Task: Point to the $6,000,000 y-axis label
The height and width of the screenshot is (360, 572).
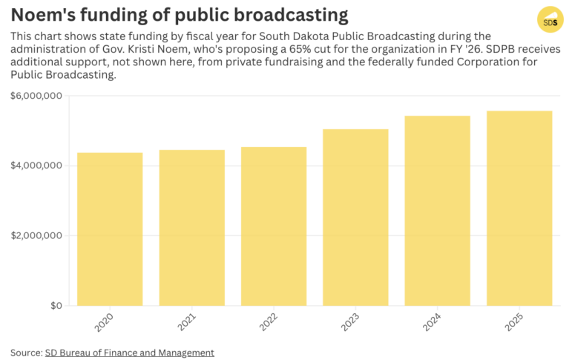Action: [x=36, y=96]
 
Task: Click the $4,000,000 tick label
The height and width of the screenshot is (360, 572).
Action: [x=36, y=166]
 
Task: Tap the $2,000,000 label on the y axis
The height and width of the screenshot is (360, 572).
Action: [x=36, y=236]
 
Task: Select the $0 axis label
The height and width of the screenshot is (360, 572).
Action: [x=56, y=306]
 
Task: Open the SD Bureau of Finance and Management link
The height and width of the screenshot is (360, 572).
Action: [x=129, y=353]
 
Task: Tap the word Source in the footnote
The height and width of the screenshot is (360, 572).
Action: [x=25, y=353]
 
